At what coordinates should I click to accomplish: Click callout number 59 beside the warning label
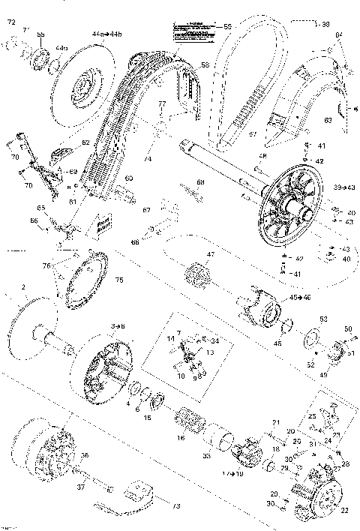coord(228,27)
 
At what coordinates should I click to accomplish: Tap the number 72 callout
coord(10,25)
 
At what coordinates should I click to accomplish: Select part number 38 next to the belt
coord(347,22)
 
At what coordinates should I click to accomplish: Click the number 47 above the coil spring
coord(211,256)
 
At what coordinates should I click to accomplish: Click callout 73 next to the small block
coord(178,506)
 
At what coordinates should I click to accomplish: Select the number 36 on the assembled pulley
coord(84,455)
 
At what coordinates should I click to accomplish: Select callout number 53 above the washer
coord(323,319)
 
